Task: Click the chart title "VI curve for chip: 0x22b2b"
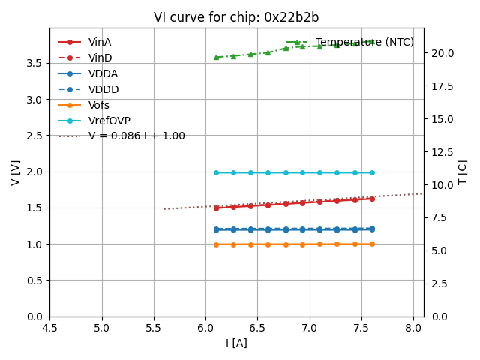tap(236, 17)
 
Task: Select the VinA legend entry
tap(100, 42)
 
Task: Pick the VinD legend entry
tap(100, 58)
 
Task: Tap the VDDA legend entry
tap(103, 73)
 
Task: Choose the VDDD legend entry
tap(103, 89)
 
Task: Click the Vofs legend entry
tap(99, 105)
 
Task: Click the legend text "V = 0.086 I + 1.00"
tap(136, 136)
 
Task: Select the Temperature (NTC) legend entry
tap(364, 42)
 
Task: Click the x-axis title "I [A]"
tap(236, 343)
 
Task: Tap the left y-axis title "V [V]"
tap(16, 172)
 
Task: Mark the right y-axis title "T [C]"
tap(463, 172)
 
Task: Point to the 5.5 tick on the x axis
tap(154, 328)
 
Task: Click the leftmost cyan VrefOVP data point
tap(216, 172)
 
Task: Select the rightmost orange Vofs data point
tap(372, 244)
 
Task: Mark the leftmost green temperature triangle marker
tap(216, 57)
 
